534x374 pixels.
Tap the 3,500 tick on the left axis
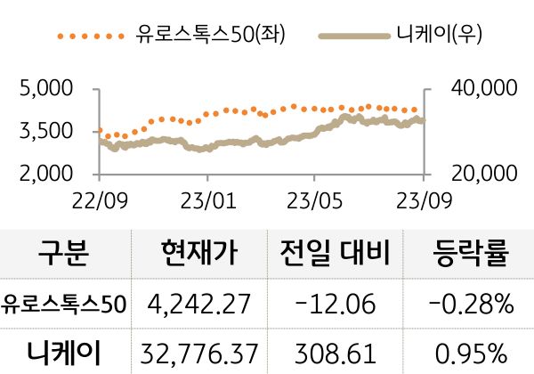pyautogui.click(x=44, y=131)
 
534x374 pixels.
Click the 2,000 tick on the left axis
pyautogui.click(x=44, y=174)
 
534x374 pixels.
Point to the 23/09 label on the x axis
pyautogui.click(x=423, y=196)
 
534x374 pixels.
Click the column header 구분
pyautogui.click(x=63, y=255)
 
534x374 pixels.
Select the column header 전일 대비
pyautogui.click(x=334, y=255)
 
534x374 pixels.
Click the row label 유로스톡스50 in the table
pyautogui.click(x=64, y=305)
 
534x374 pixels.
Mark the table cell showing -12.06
pyautogui.click(x=334, y=305)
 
